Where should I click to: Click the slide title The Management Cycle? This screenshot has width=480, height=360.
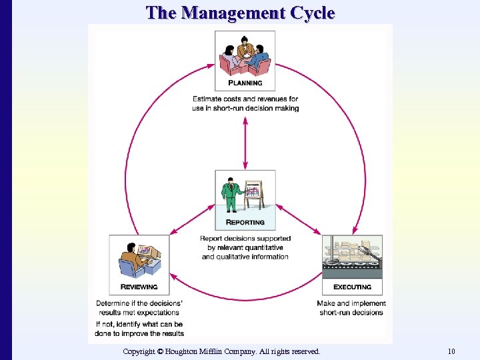240,13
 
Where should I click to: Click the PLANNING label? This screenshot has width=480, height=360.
245,83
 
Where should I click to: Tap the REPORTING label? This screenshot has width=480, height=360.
245,222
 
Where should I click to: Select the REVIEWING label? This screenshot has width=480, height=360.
139,287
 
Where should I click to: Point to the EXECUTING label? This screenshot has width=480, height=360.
352,287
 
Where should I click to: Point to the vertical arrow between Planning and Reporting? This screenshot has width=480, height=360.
245,143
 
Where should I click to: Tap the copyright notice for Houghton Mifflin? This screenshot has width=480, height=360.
221,351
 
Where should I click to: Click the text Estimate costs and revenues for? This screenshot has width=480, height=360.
245,99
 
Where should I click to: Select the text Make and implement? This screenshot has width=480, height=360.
351,303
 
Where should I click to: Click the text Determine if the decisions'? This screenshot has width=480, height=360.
139,303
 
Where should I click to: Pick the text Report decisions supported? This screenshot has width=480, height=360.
245,239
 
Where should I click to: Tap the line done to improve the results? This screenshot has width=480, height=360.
139,333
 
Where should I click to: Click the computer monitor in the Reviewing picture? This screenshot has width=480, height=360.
146,251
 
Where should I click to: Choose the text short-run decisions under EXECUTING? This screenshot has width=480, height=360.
351,312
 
